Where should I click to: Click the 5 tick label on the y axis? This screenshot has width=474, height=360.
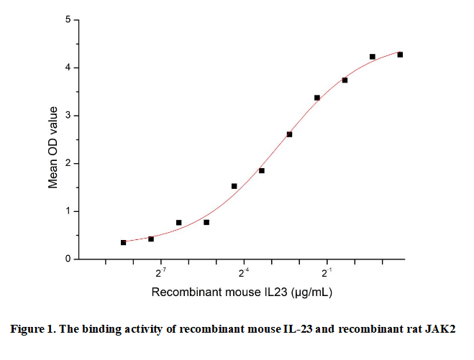coord(67,20)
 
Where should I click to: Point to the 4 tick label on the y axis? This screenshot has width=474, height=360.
coord(67,68)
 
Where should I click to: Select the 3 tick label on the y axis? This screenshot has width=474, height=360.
coord(67,116)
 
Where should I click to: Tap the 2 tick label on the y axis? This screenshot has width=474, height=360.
coord(67,164)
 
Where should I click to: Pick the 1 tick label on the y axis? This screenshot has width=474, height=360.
coord(67,211)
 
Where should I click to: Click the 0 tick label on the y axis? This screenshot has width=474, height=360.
coord(67,259)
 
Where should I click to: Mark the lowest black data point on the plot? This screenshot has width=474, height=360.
coord(124,243)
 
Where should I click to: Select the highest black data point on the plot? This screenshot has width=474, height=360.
coord(400,55)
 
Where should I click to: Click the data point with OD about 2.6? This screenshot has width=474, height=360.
coord(289,134)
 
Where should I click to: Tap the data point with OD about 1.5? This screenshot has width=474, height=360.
coord(234,186)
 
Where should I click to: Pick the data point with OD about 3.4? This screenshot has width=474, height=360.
coord(317,98)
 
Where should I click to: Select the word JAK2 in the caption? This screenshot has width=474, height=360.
coord(442,330)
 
